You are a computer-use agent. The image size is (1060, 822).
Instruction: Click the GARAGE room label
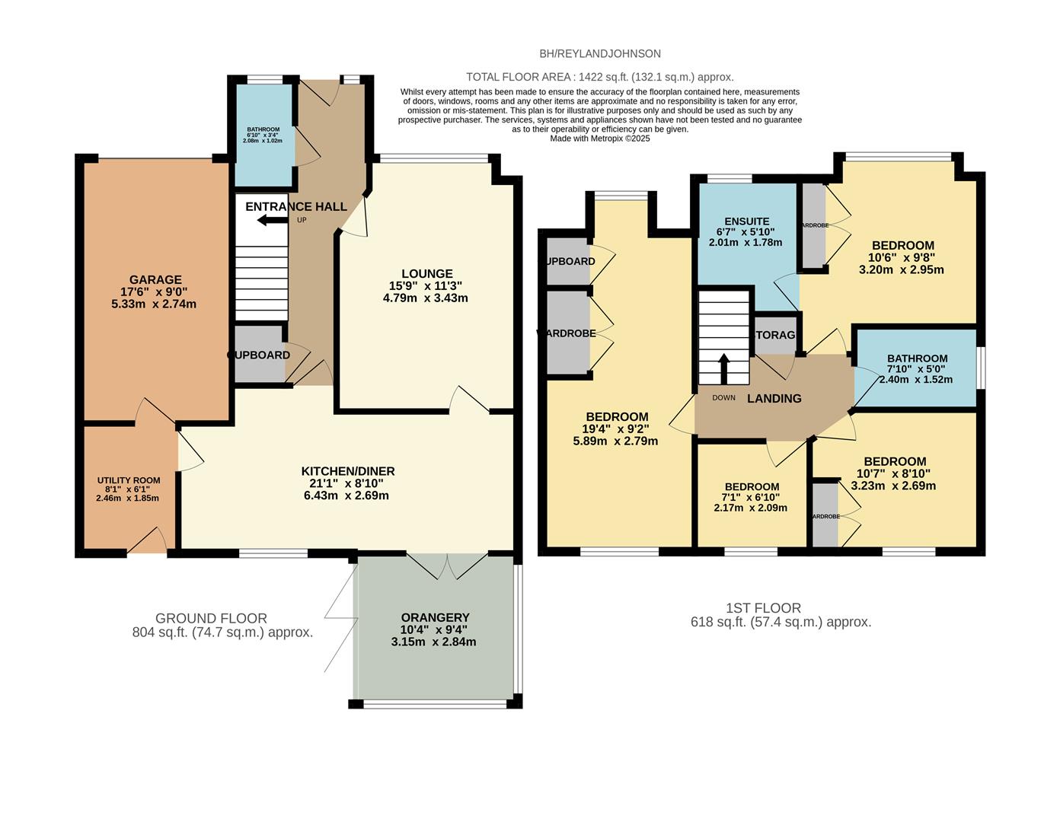coord(155,279)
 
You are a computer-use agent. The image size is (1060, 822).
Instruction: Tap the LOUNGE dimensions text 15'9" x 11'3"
coord(426,286)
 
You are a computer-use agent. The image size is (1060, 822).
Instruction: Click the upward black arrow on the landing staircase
coord(724,368)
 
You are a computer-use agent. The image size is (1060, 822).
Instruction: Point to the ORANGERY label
coord(435,617)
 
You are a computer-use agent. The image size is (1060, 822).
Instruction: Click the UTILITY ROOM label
coord(129,480)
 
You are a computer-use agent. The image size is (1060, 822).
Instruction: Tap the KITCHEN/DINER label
coord(348,471)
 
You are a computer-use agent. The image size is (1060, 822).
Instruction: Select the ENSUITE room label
coord(746,221)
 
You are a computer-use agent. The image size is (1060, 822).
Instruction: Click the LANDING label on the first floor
coord(774,398)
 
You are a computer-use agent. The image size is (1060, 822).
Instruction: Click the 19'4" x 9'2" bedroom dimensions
coord(617,429)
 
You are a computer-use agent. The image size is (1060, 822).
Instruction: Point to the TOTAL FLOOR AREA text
coord(600,77)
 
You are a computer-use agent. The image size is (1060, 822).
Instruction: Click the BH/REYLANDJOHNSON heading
coord(600,53)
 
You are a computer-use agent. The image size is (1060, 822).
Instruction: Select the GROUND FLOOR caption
coord(211,618)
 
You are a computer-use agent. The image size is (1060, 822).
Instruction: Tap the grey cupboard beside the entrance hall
coord(259,355)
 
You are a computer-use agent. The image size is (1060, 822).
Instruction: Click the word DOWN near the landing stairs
coord(723,397)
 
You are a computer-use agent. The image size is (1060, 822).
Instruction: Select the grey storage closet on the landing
coord(774,335)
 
